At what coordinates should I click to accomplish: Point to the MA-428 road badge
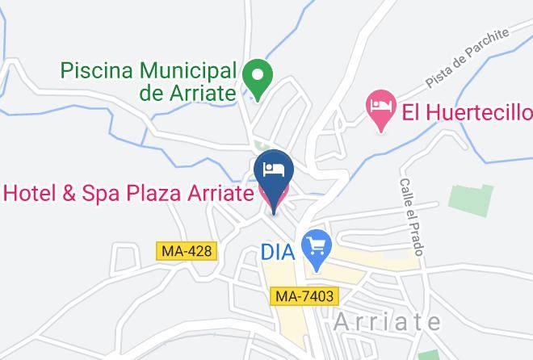coord(187,252)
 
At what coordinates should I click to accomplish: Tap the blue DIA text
coord(278,251)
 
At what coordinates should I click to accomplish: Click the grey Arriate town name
coord(388,321)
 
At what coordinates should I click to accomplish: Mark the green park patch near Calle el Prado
coord(471,199)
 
